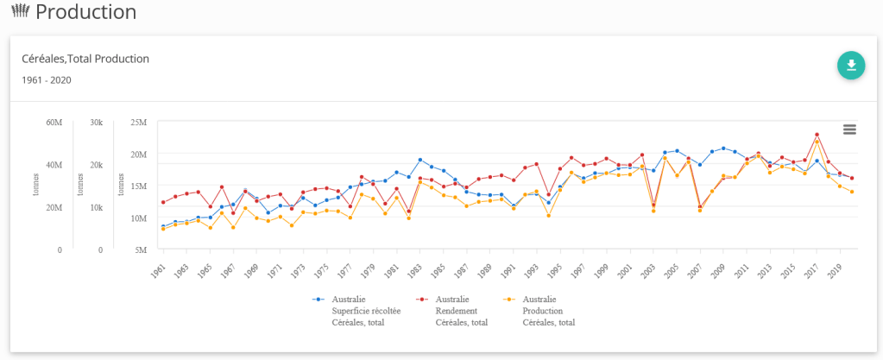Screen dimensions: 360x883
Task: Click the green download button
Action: (x=850, y=66)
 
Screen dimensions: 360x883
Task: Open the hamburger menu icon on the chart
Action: (x=849, y=129)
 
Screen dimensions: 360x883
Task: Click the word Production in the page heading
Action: (x=86, y=12)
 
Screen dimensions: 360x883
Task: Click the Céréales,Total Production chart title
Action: (x=85, y=59)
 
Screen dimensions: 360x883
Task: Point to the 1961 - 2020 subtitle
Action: (x=46, y=80)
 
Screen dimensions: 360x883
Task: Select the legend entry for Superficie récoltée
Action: (x=350, y=311)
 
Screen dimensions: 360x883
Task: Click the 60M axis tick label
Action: (x=54, y=123)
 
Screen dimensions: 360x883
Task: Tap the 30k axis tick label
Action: (x=97, y=123)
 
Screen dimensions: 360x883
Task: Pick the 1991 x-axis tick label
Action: (x=511, y=270)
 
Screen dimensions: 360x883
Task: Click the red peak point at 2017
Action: (x=817, y=135)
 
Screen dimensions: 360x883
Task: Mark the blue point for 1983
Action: (x=420, y=161)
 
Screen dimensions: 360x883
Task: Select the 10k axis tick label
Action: (x=97, y=208)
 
